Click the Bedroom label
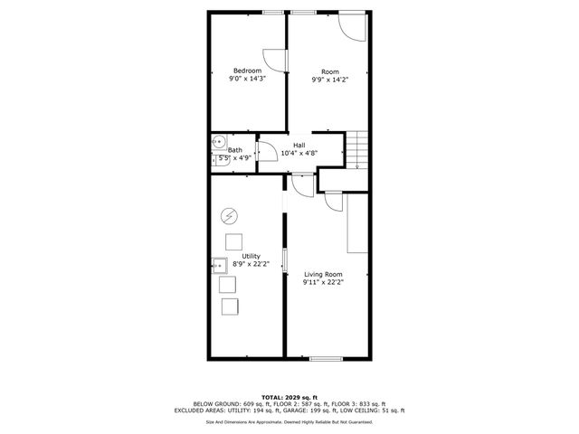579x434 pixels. click(247, 71)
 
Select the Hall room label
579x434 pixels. click(299, 145)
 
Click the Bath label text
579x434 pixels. click(235, 150)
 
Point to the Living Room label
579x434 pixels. click(323, 274)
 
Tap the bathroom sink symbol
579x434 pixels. click(218, 142)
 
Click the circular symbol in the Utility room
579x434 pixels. click(230, 215)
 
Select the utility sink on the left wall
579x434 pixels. click(220, 265)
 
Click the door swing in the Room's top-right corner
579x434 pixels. click(354, 26)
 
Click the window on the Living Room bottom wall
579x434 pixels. click(326, 359)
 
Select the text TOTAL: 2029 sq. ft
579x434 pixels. click(289, 397)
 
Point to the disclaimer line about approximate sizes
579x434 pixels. click(289, 421)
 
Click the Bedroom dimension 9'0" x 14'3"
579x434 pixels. click(247, 80)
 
